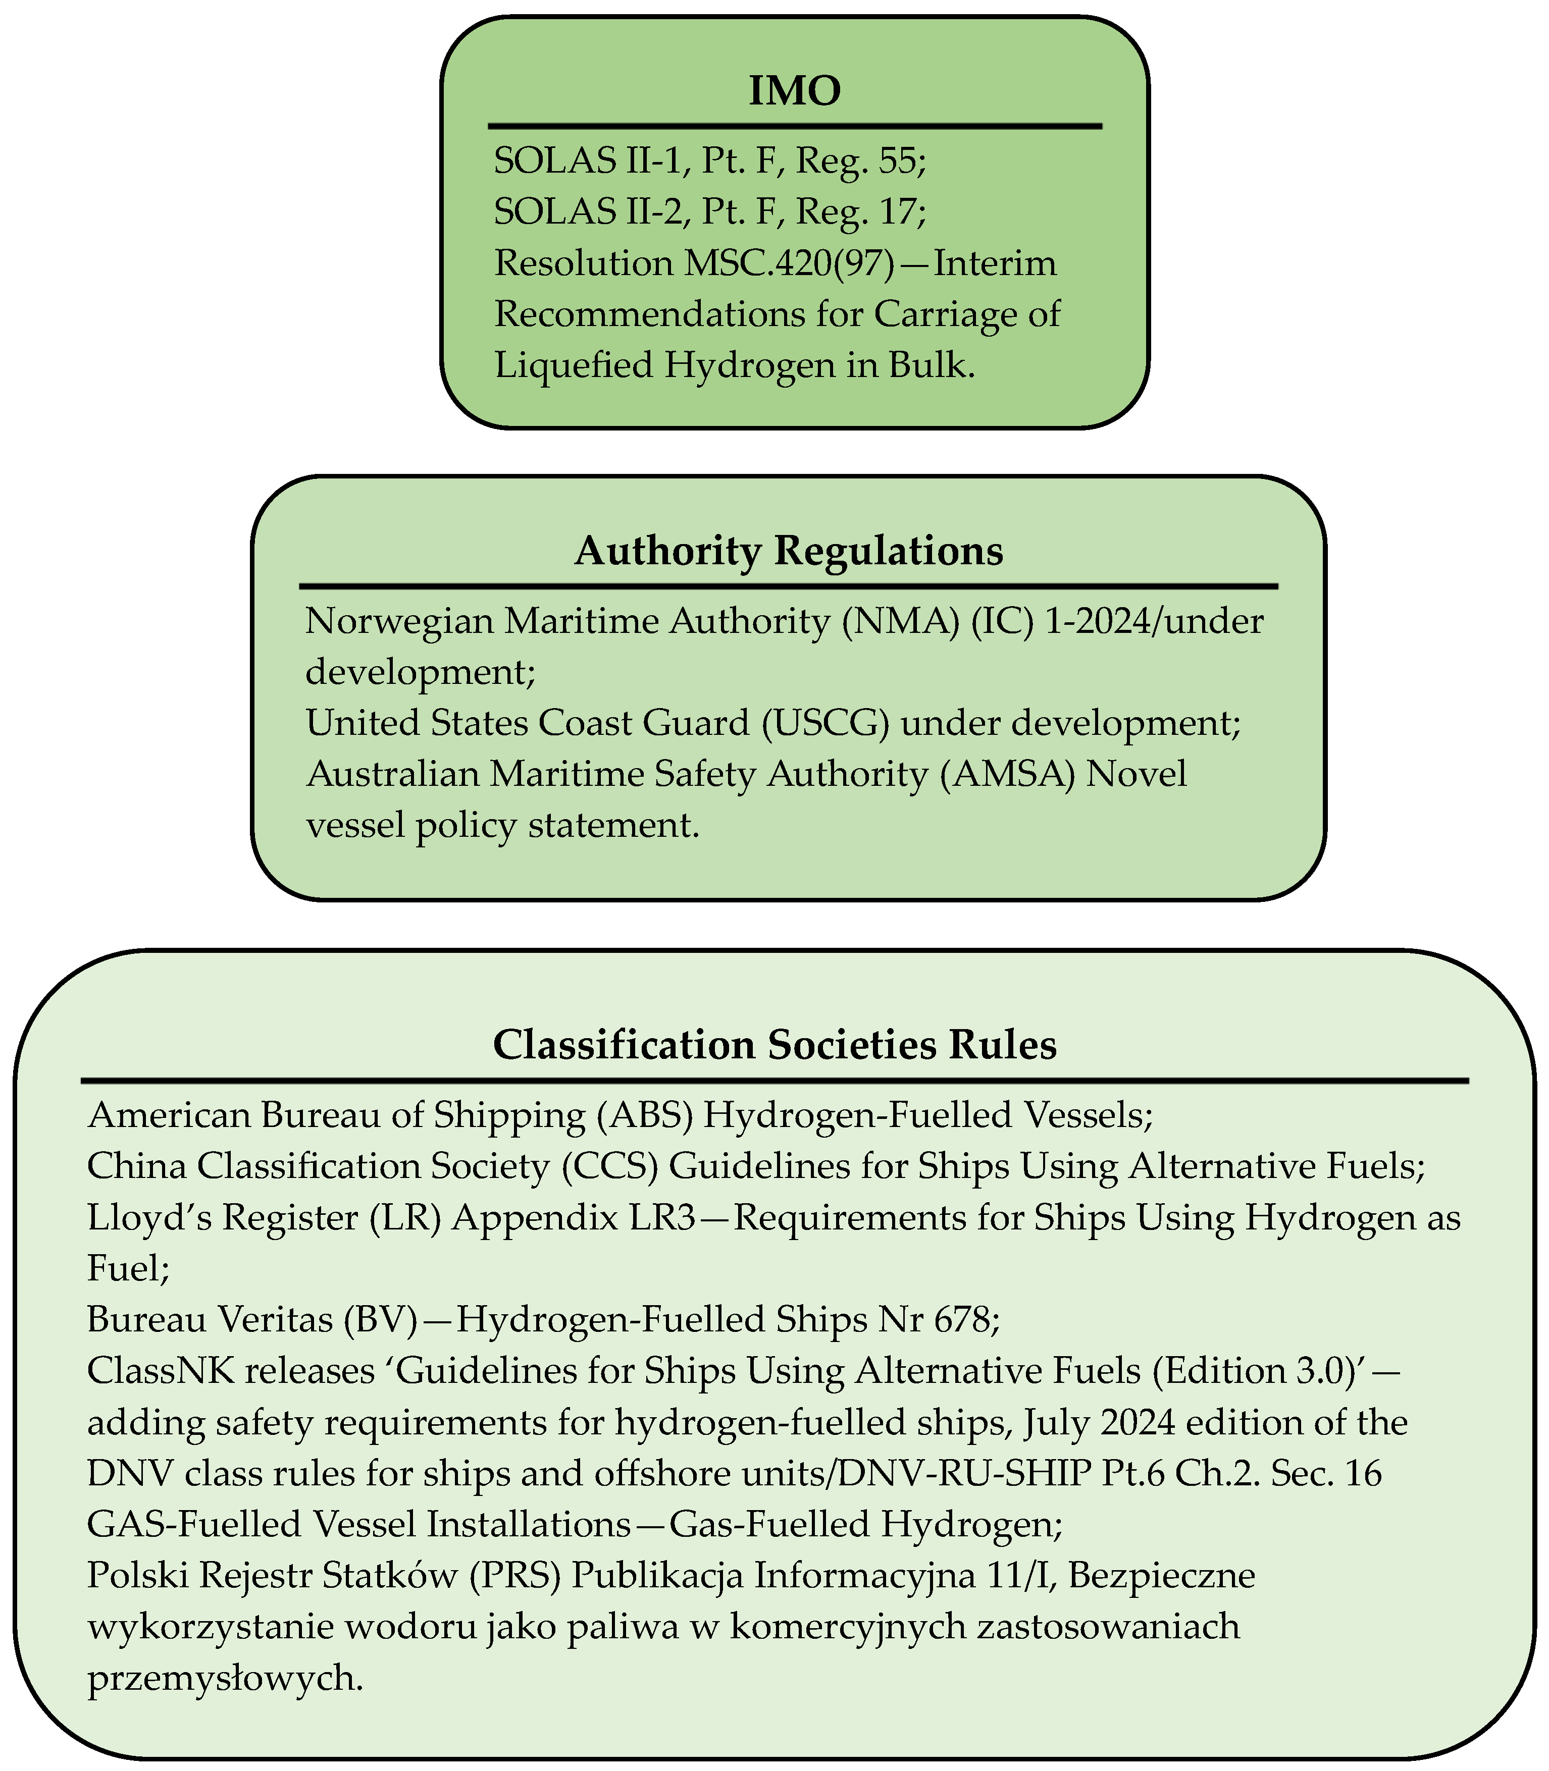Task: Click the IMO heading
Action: pyautogui.click(x=794, y=91)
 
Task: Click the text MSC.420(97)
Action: pyautogui.click(x=788, y=262)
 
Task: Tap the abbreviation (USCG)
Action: pyautogui.click(x=825, y=722)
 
